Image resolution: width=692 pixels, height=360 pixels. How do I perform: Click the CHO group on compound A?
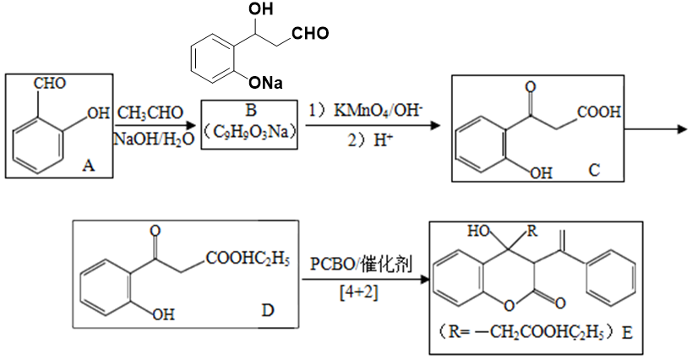(x=50, y=84)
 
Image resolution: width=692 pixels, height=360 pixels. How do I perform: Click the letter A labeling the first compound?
(x=89, y=166)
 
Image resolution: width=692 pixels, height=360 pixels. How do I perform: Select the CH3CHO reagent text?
(x=150, y=113)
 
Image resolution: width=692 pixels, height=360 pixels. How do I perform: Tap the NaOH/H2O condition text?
(x=154, y=139)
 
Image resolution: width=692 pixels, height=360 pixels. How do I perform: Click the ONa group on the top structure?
(x=265, y=83)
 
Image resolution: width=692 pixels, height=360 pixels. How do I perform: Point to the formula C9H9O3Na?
(x=250, y=132)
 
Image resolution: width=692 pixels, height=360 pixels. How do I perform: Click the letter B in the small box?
(x=251, y=110)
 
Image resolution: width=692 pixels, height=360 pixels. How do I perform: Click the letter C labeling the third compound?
(x=594, y=169)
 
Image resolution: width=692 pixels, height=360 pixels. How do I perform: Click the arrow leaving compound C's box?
(x=656, y=129)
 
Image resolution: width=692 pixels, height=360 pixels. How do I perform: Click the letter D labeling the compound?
(x=268, y=311)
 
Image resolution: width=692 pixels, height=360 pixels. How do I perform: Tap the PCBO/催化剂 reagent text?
(x=361, y=265)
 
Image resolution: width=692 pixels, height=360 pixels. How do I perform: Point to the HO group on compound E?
(x=480, y=231)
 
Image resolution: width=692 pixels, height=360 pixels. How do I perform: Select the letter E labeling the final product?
(x=627, y=332)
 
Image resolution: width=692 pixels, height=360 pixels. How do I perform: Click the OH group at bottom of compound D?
(x=163, y=314)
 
